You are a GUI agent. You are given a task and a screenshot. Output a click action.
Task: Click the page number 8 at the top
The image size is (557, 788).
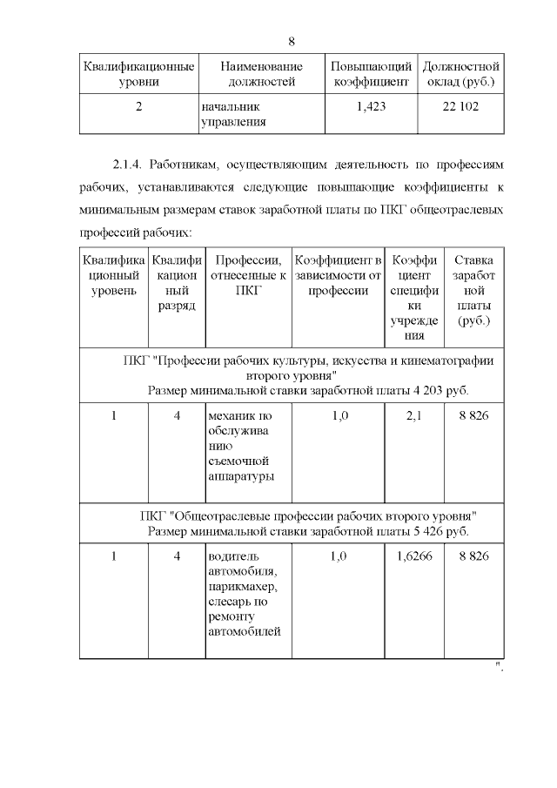click(x=292, y=41)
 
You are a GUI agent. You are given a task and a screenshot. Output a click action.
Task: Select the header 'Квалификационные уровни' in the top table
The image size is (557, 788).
click(x=138, y=74)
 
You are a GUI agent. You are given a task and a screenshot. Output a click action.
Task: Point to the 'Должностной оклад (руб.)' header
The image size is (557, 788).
click(x=460, y=74)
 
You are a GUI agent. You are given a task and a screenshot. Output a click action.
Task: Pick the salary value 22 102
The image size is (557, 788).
click(x=460, y=106)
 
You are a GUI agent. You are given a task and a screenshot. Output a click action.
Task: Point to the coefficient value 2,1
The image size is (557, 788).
click(x=413, y=416)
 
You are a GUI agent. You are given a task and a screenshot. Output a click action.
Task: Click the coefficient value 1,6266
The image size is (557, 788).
click(x=413, y=556)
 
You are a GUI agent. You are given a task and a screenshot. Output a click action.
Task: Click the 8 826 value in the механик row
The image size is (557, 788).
click(x=473, y=416)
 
